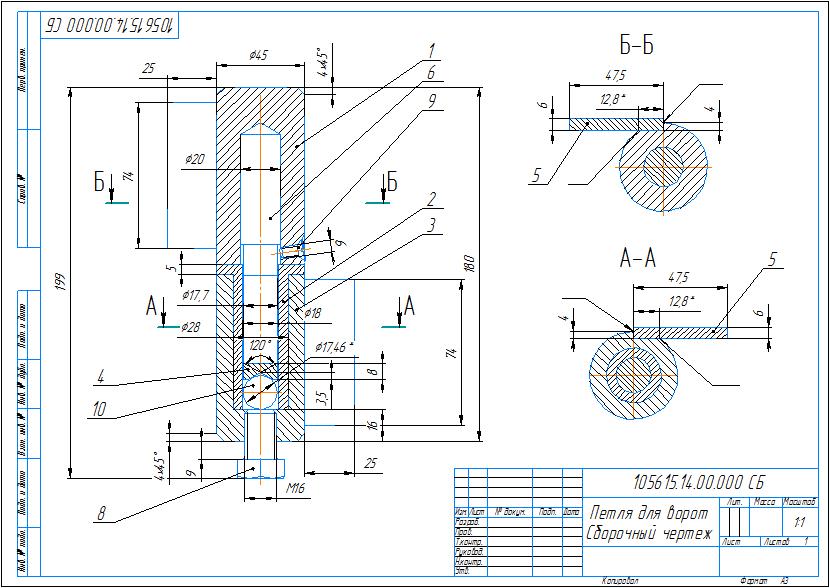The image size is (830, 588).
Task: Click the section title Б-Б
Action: pos(635,45)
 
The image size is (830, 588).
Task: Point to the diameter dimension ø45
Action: pos(260,56)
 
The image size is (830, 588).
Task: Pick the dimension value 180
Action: pos(469,262)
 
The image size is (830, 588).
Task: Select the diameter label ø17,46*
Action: pos(334,347)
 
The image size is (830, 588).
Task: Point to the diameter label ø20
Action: pos(195,159)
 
